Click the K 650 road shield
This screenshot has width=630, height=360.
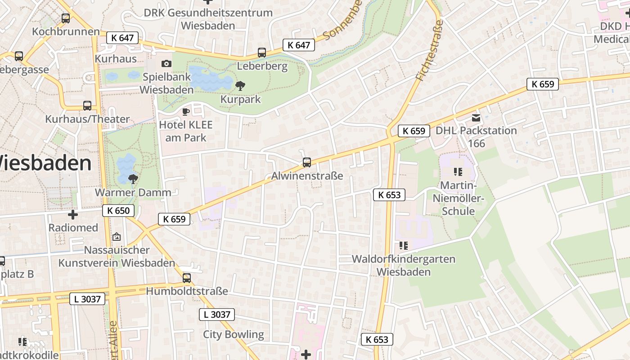coord(118,211)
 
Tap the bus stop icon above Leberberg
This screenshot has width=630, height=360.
coord(262,53)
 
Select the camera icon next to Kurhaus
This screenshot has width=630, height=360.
coord(166,64)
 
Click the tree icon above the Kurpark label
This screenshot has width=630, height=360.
coord(240,85)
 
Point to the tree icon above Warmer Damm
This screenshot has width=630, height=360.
coord(133,179)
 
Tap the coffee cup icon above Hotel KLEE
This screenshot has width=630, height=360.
coord(185,112)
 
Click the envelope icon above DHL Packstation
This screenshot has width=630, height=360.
coord(476,118)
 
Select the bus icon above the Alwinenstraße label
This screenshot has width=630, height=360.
coord(307,162)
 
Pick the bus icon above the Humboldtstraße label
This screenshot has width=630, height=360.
coord(187,278)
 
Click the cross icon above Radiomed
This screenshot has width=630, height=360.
coord(73,215)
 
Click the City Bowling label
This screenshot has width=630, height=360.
coord(233,334)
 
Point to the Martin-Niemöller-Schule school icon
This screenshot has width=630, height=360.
coord(458,171)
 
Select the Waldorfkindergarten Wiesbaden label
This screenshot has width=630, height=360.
coord(403,265)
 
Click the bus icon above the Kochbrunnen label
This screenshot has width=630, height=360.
coord(66,18)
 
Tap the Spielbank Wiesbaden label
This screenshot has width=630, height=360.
coord(166,83)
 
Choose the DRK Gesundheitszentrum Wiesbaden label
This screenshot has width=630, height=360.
coord(208,19)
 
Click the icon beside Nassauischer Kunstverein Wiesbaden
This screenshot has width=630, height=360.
coord(117,236)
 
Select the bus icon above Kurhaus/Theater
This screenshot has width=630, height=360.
coord(87,106)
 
